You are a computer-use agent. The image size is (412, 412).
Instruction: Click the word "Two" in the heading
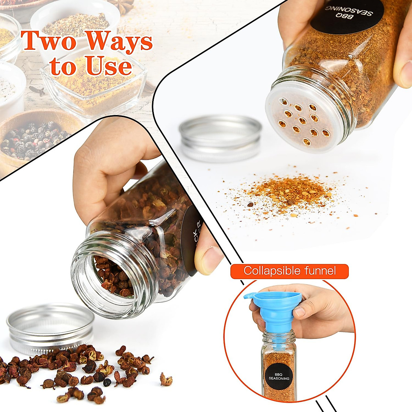point(48,41)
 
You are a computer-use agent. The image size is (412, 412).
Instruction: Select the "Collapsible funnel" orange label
point(289,271)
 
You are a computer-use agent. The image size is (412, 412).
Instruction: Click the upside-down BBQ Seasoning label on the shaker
point(347,15)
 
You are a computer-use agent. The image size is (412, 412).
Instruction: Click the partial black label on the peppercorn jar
point(191,237)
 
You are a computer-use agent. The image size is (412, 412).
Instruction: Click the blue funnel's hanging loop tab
point(250,296)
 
